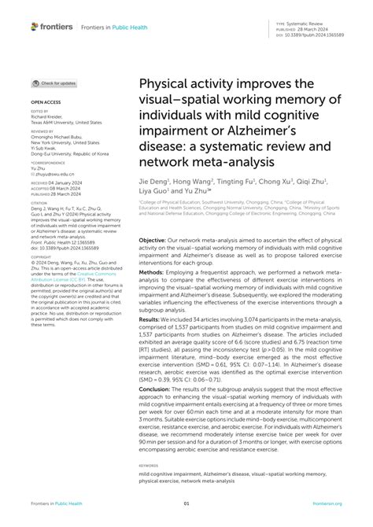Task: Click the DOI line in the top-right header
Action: pyautogui.click(x=312, y=35)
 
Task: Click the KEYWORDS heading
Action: pyautogui.click(x=150, y=465)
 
